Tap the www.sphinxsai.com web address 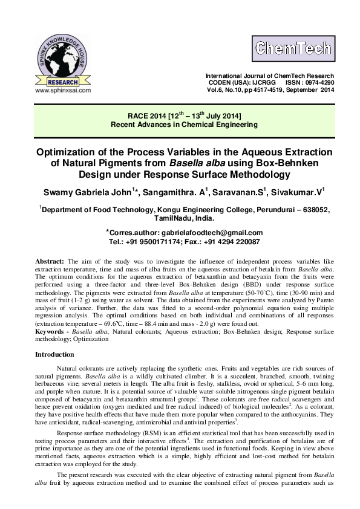[63, 90]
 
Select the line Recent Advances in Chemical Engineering [183, 125]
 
